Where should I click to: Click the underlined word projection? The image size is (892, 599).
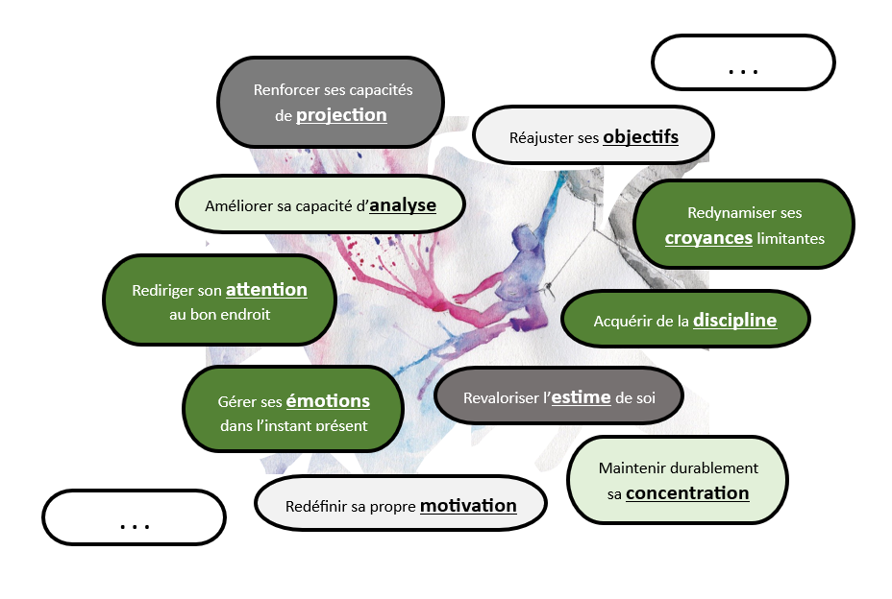pyautogui.click(x=341, y=115)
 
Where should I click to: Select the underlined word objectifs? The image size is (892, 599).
pyautogui.click(x=640, y=137)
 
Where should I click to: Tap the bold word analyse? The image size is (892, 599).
pyautogui.click(x=403, y=205)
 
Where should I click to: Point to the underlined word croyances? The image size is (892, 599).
pyautogui.click(x=708, y=237)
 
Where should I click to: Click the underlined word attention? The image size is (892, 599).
pyautogui.click(x=266, y=289)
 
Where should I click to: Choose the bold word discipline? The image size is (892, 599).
pyautogui.click(x=734, y=321)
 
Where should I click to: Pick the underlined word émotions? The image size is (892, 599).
pyautogui.click(x=328, y=401)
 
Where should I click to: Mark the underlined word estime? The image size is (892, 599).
pyautogui.click(x=581, y=396)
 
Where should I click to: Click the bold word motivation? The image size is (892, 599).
pyautogui.click(x=468, y=506)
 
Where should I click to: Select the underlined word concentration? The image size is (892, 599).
pyautogui.click(x=687, y=493)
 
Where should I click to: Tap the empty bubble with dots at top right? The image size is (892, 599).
pyautogui.click(x=743, y=63)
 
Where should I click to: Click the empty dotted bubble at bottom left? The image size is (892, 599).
pyautogui.click(x=134, y=518)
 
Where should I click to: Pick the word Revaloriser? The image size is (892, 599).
pyautogui.click(x=505, y=397)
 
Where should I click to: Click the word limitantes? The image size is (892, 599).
pyautogui.click(x=790, y=238)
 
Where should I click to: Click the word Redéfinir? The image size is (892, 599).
pyautogui.click(x=318, y=507)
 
